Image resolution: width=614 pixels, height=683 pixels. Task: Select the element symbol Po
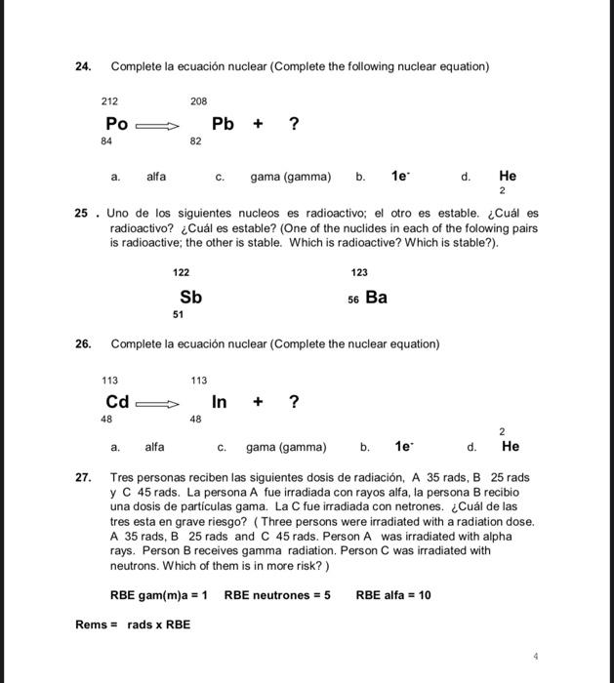(117, 124)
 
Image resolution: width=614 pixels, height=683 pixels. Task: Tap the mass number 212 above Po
(110, 100)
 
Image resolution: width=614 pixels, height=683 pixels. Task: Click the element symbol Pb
(224, 124)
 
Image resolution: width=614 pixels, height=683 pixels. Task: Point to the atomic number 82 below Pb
(195, 141)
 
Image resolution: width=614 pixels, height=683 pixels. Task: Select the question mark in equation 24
(294, 124)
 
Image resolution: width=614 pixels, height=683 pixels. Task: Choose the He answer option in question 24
(508, 177)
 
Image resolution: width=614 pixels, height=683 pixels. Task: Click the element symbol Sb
(190, 297)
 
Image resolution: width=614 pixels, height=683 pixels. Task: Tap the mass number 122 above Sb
(182, 272)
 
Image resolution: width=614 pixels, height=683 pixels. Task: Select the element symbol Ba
(376, 297)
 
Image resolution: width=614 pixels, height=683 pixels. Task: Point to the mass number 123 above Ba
(359, 272)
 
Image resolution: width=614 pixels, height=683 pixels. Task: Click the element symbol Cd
(117, 402)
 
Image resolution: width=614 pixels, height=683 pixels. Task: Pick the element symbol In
(220, 402)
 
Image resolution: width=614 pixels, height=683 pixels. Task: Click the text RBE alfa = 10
(393, 594)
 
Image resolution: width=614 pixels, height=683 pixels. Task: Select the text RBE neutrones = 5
(277, 594)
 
